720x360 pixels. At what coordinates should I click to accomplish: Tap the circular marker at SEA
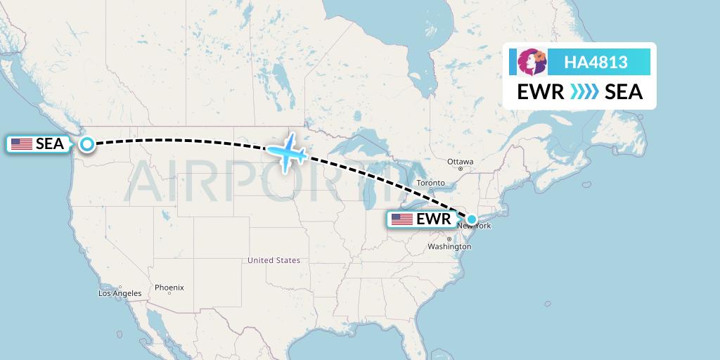(x=86, y=144)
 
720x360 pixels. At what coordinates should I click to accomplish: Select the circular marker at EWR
(x=472, y=219)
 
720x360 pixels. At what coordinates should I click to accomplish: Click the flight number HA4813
(x=596, y=63)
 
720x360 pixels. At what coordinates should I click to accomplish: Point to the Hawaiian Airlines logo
(x=532, y=63)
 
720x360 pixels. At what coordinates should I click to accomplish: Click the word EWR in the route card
(x=540, y=92)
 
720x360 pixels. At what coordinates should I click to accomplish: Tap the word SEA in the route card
(x=624, y=92)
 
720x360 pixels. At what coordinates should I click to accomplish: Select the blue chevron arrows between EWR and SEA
(x=584, y=92)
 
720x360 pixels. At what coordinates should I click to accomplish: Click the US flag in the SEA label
(x=22, y=144)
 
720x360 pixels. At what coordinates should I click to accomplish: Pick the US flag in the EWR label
(x=402, y=219)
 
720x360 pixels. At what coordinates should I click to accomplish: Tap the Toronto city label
(x=430, y=183)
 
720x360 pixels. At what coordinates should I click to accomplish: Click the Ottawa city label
(x=461, y=161)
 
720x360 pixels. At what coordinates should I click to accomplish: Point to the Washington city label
(x=449, y=247)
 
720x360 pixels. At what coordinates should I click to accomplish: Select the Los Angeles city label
(x=120, y=293)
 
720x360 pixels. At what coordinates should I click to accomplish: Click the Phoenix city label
(x=169, y=287)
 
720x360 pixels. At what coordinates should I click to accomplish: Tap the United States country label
(x=274, y=260)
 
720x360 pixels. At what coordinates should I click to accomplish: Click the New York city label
(x=474, y=226)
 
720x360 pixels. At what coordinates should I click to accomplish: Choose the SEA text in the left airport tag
(x=49, y=144)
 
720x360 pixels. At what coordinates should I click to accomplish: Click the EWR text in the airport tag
(x=433, y=219)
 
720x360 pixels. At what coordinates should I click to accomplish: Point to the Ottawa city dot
(x=461, y=169)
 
